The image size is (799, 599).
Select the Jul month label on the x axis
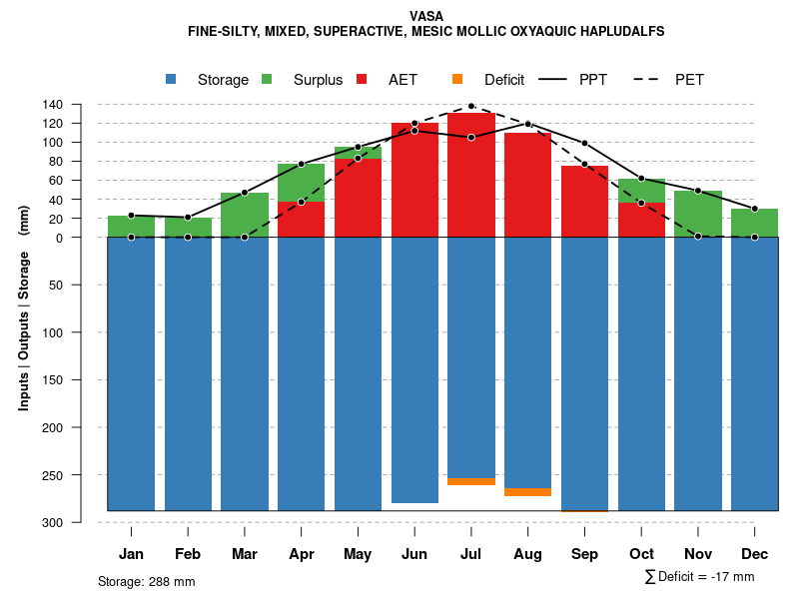click(471, 554)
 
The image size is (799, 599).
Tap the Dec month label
click(755, 554)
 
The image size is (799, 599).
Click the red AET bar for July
click(471, 175)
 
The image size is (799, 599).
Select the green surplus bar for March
click(245, 215)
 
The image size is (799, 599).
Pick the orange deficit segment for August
click(528, 492)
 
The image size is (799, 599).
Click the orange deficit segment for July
click(471, 482)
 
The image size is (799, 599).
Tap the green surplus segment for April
click(302, 183)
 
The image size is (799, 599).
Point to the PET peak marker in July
click(471, 106)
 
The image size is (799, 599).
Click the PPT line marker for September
click(585, 144)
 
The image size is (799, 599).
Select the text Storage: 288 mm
click(147, 581)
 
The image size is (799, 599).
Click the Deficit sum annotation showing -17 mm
click(700, 577)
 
